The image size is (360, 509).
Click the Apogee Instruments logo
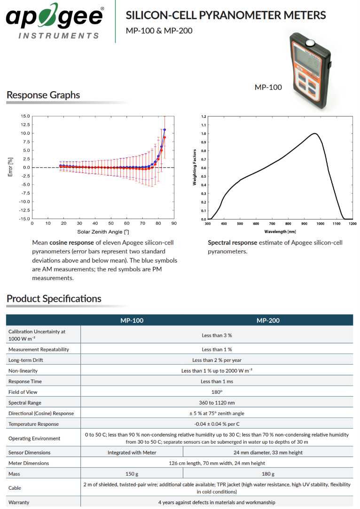(55, 21)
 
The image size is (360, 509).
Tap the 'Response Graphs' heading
(43, 95)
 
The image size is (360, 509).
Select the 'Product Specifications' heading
(54, 298)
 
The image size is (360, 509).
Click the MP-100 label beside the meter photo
(268, 87)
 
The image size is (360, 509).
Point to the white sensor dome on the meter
(310, 43)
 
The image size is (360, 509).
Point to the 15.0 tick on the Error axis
(25, 116)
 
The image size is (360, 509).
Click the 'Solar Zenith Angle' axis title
(103, 232)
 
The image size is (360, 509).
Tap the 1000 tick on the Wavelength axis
(321, 224)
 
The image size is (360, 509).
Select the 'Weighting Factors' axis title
(195, 167)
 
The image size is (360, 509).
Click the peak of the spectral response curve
(314, 133)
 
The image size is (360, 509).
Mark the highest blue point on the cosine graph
(164, 130)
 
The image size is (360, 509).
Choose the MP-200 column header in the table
(268, 321)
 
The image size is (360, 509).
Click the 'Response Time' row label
(25, 382)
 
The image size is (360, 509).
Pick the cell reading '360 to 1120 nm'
(217, 403)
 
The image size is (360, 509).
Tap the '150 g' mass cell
(132, 474)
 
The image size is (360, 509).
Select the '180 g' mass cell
(268, 474)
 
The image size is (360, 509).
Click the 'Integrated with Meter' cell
(132, 453)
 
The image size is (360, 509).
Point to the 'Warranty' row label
(19, 502)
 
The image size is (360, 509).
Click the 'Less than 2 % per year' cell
(217, 360)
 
